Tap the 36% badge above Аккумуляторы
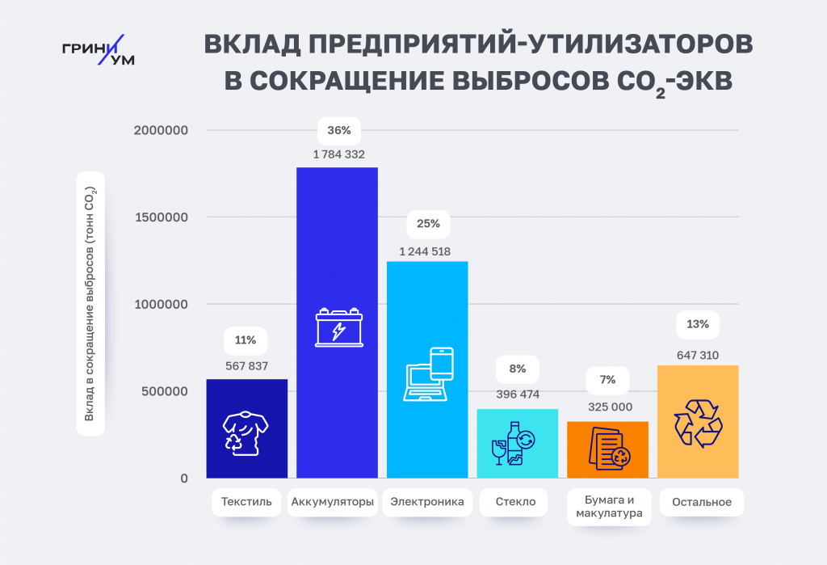click(x=338, y=130)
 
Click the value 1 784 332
click(x=338, y=154)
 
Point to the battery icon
click(x=338, y=328)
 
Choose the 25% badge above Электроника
click(x=428, y=224)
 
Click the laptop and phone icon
click(x=429, y=374)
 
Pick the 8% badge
click(x=518, y=369)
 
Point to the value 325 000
click(x=608, y=407)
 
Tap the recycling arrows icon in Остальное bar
click(x=698, y=423)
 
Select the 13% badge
click(x=698, y=325)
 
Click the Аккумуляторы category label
click(x=332, y=502)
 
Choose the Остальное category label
click(x=702, y=502)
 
